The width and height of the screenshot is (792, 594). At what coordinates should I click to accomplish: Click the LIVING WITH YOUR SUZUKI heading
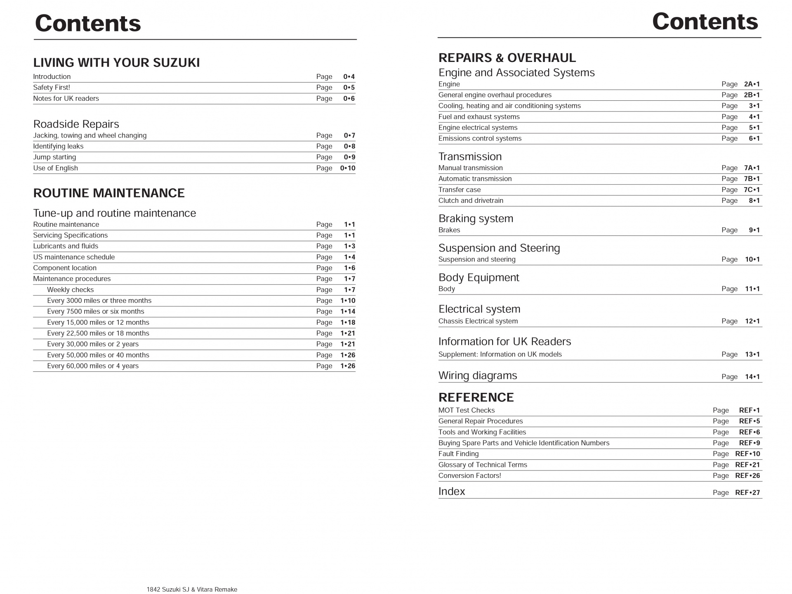pos(116,63)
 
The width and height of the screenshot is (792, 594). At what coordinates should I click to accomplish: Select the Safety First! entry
pos(52,88)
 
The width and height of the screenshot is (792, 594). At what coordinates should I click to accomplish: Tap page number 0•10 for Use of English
pos(347,168)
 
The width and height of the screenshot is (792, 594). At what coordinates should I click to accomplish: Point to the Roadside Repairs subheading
pos(76,124)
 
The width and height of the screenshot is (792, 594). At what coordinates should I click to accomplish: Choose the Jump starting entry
pos(54,157)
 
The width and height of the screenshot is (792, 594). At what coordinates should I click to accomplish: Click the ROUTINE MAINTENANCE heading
pos(109,193)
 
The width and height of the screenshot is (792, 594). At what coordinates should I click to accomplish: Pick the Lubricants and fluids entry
pos(66,246)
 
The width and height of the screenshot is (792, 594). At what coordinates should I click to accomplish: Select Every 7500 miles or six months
pos(96,311)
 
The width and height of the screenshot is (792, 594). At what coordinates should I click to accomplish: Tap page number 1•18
pos(348,323)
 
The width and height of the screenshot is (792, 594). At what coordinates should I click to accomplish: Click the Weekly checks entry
pos(70,290)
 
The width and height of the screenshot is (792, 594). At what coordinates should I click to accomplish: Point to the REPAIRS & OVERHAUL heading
pos(507,58)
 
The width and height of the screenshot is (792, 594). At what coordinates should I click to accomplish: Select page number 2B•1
pos(752,95)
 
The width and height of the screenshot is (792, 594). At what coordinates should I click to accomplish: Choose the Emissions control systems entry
pos(480,138)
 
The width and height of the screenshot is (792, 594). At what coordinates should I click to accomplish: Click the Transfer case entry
pos(460,190)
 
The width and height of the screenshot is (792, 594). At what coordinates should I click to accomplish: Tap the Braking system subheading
pos(476,219)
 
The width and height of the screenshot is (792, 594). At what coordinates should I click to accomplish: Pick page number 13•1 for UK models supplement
pos(752,354)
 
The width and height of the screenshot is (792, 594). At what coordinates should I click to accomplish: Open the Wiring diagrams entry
pos(477,375)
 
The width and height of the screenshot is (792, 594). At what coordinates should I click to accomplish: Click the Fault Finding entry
pos(458,454)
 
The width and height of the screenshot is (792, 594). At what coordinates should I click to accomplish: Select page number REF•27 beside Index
pos(747,492)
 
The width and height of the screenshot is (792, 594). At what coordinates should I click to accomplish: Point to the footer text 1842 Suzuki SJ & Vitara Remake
pos(192,589)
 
